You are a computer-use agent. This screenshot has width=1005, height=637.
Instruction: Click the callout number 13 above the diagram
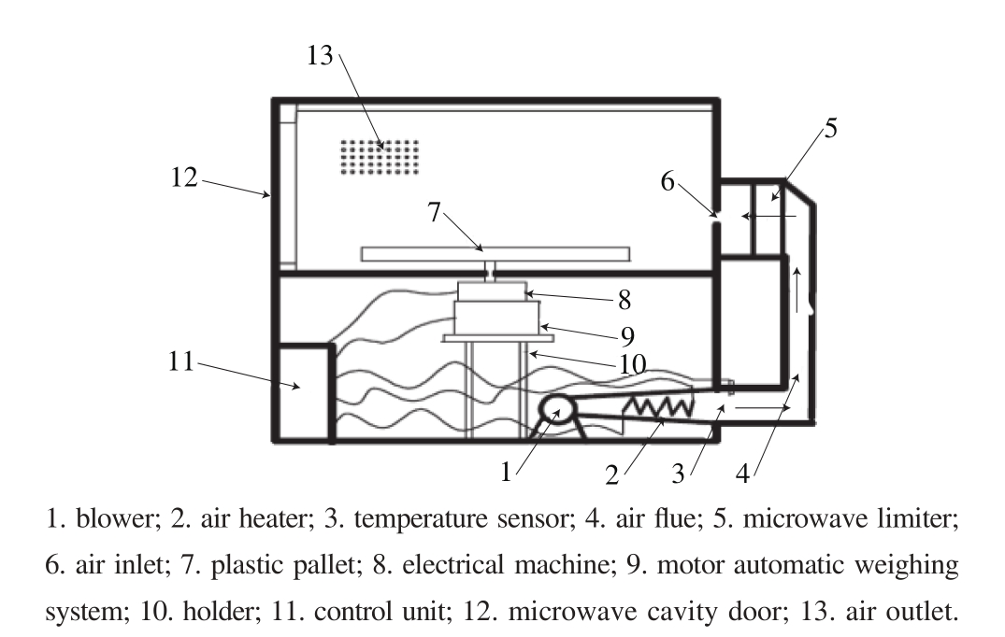tap(320, 56)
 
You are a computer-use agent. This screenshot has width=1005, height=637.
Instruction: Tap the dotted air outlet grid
tap(379, 157)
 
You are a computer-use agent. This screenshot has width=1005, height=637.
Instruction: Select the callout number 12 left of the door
tap(185, 177)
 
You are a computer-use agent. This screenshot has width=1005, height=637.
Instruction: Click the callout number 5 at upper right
tap(830, 129)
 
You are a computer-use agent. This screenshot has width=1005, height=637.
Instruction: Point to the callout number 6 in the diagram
tap(668, 181)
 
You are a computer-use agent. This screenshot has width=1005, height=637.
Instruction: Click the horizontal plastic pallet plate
tap(495, 253)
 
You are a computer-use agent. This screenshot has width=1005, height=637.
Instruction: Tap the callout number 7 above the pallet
tap(434, 212)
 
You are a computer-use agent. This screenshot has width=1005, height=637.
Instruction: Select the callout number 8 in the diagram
tap(624, 301)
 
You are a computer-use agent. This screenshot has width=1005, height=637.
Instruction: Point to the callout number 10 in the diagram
tap(633, 364)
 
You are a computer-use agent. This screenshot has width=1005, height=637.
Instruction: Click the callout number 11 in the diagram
tap(183, 361)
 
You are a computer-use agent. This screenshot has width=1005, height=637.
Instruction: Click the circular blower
tap(559, 413)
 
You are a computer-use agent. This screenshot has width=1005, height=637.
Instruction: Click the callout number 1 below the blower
tap(506, 473)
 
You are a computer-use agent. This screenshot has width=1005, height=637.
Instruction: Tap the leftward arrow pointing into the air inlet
tap(767, 217)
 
